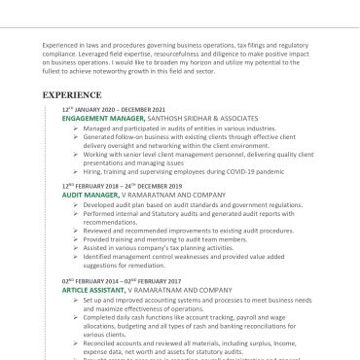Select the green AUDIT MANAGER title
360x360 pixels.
(x=90, y=194)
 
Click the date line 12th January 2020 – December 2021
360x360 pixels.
(x=114, y=109)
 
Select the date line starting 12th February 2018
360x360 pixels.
(x=122, y=185)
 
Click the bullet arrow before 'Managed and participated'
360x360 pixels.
(x=76, y=127)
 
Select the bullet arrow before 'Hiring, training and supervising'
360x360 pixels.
(x=76, y=170)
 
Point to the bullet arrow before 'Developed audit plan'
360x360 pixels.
(x=76, y=204)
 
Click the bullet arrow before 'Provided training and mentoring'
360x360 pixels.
(x=76, y=238)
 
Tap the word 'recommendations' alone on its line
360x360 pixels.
(x=110, y=222)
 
